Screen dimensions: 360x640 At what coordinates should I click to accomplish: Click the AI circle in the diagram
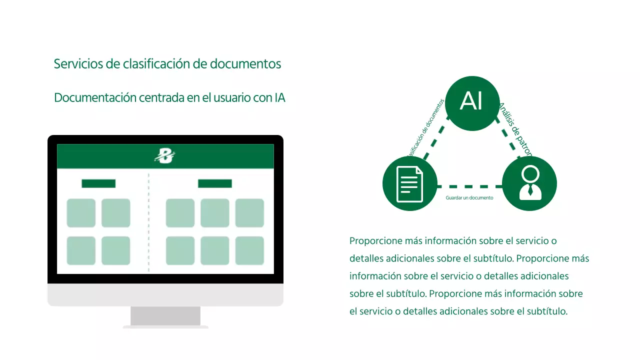[x=472, y=103]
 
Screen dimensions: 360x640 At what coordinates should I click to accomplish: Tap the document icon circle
[x=409, y=183]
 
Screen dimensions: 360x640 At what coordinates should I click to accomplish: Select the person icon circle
[x=529, y=183]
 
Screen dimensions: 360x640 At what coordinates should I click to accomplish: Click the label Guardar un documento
[x=469, y=198]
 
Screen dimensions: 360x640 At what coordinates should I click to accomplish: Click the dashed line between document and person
[x=469, y=186]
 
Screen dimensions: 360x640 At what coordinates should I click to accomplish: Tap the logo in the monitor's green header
[x=165, y=156]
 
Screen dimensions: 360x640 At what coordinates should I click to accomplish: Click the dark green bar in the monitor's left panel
[x=98, y=183]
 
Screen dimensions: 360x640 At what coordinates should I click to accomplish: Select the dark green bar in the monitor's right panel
[x=215, y=183]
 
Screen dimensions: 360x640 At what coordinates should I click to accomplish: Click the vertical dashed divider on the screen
[x=148, y=222]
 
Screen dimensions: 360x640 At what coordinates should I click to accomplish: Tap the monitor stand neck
[x=165, y=316]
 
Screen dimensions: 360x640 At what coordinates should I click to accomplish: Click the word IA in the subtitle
[x=279, y=97]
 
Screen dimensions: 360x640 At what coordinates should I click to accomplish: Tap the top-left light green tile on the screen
[x=81, y=213]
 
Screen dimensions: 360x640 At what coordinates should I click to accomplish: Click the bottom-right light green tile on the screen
[x=249, y=250]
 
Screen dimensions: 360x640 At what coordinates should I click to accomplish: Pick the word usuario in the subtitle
[x=232, y=97]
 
